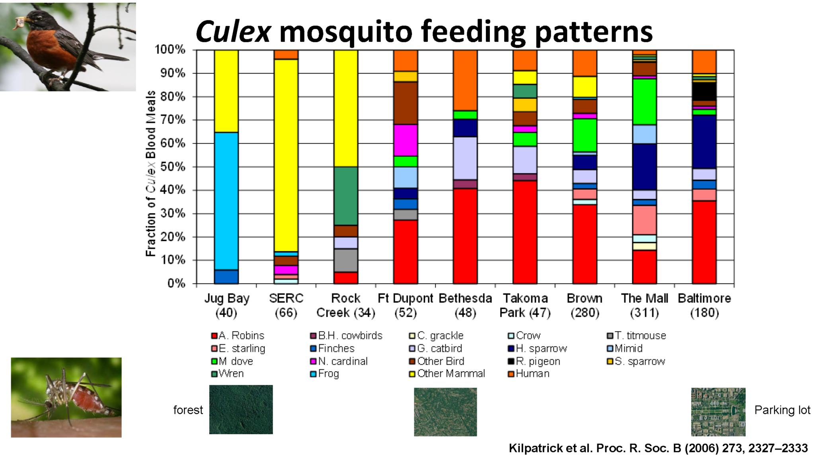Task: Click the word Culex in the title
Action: pyautogui.click(x=233, y=32)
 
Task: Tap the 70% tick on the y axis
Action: pyautogui.click(x=173, y=120)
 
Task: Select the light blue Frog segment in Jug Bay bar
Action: pyautogui.click(x=226, y=201)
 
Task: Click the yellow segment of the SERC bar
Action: pyautogui.click(x=286, y=155)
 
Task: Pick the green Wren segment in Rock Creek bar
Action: pyautogui.click(x=345, y=196)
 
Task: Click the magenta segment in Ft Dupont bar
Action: pyautogui.click(x=405, y=140)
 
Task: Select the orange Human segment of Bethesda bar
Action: pyautogui.click(x=465, y=80)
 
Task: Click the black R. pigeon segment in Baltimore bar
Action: pyautogui.click(x=704, y=91)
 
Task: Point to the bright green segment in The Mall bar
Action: pyautogui.click(x=644, y=102)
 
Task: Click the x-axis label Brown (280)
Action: pyautogui.click(x=584, y=305)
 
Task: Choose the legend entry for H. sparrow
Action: pyautogui.click(x=541, y=349)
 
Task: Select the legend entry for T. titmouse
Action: pyautogui.click(x=640, y=336)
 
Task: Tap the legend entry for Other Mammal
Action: pyautogui.click(x=450, y=374)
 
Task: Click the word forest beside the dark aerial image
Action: pyautogui.click(x=188, y=410)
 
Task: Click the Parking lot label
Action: pyautogui.click(x=782, y=410)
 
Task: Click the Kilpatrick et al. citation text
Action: pyautogui.click(x=658, y=448)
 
